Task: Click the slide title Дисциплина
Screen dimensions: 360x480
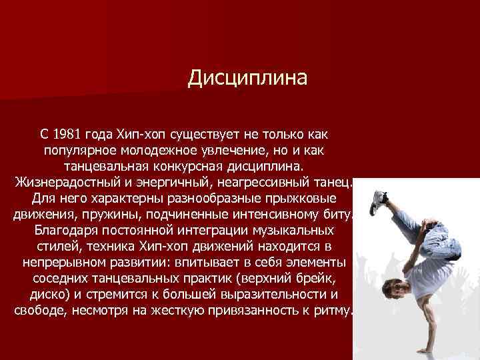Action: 247,79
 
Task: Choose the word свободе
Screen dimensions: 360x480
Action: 41,311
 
